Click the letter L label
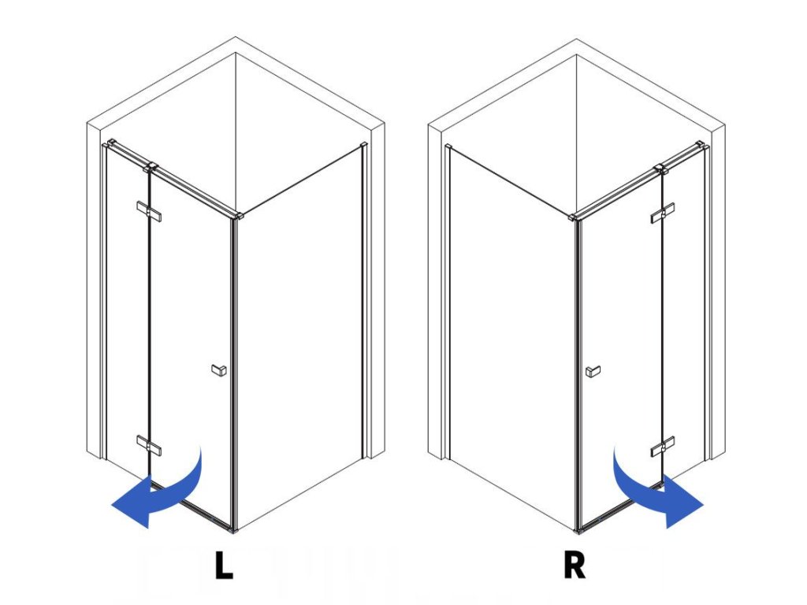[x=225, y=566]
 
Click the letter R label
[x=575, y=566]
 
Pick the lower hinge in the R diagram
[x=662, y=446]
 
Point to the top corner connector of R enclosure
[x=574, y=215]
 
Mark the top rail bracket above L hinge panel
[x=152, y=166]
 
